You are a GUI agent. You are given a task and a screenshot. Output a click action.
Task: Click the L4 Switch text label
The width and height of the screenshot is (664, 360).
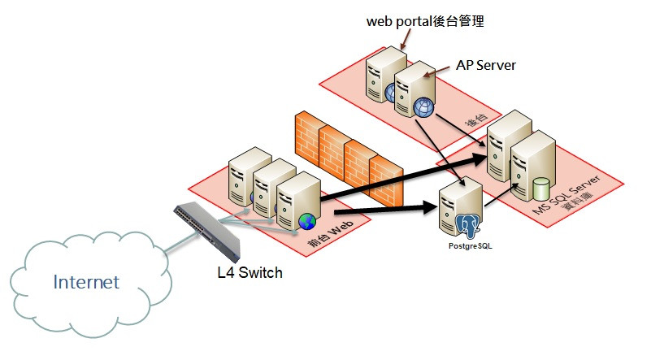click(250, 273)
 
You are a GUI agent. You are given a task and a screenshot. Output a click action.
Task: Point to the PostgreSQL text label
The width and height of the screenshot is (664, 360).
click(471, 245)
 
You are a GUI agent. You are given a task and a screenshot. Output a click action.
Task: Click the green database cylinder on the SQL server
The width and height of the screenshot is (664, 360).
click(542, 189)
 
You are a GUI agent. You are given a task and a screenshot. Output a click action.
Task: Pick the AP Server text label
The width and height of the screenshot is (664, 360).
click(484, 64)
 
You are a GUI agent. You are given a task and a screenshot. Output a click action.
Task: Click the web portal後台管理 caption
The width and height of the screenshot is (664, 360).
click(425, 22)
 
